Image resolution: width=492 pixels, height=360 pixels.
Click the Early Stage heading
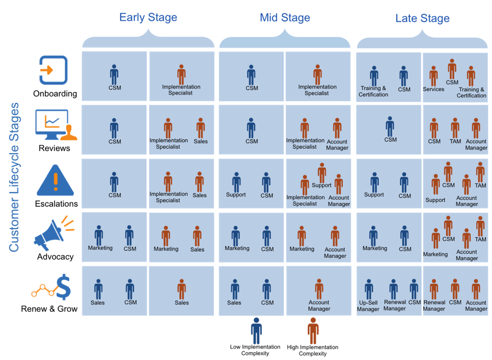coord(148,18)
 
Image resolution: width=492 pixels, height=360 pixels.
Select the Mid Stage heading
coord(285,18)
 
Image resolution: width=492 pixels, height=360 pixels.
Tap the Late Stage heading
coord(423,18)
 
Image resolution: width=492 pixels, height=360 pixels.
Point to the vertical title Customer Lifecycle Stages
coord(14,177)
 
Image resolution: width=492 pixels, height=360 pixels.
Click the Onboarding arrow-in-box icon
coord(54,69)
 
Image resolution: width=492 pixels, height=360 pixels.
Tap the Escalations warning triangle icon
coord(55,181)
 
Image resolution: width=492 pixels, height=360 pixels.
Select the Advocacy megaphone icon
coord(54,233)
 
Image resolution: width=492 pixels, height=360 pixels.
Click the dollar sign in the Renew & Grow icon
coord(64,287)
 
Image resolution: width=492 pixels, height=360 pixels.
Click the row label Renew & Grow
coord(49,309)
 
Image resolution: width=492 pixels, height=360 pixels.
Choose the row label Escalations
coord(56,204)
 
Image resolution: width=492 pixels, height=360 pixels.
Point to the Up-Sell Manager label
coord(368,306)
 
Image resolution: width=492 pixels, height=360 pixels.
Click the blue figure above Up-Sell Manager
coord(369,289)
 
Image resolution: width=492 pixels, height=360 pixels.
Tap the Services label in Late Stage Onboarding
coord(434,89)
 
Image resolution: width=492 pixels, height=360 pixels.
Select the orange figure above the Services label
coord(434,76)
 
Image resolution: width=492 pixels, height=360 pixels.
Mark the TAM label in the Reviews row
coord(455,141)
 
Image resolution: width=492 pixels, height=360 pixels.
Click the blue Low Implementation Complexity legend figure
coord(256,330)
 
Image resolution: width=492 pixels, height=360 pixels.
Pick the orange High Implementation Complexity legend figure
coord(313,330)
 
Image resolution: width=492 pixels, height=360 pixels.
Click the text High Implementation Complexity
coord(313,350)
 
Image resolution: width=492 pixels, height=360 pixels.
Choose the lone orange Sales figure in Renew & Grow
coord(181,289)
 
